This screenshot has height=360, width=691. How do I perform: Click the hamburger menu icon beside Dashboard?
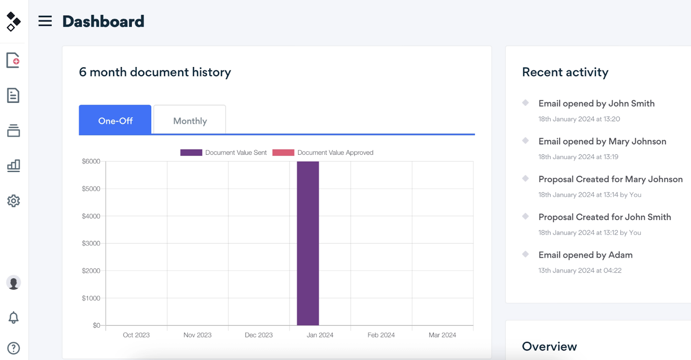coord(45,21)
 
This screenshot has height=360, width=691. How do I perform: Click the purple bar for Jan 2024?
coord(308,243)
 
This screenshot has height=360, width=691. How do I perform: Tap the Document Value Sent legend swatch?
coord(191,153)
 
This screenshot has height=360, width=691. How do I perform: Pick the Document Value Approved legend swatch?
coord(283,153)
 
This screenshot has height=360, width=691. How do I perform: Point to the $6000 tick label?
coord(91,161)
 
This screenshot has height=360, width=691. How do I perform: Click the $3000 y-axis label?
coord(91,243)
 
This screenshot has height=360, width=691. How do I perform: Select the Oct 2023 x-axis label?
coord(136,335)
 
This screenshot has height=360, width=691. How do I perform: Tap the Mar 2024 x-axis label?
coord(442,335)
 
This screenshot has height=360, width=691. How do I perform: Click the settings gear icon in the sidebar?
coord(13,201)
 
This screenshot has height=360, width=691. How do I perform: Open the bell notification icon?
coord(13,317)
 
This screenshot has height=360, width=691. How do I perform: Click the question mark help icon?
coord(13,348)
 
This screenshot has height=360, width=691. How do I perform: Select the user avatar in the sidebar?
coord(13,283)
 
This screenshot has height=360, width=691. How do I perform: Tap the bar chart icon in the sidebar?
coord(13,166)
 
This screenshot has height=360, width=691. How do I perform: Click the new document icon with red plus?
coord(13,60)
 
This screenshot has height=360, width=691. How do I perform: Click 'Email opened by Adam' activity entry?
coord(586,255)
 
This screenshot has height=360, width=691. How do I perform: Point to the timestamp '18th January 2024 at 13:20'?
coord(579,119)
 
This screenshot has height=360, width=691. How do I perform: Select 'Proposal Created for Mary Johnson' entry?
coord(611,179)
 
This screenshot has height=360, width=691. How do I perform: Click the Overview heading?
coord(549,347)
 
